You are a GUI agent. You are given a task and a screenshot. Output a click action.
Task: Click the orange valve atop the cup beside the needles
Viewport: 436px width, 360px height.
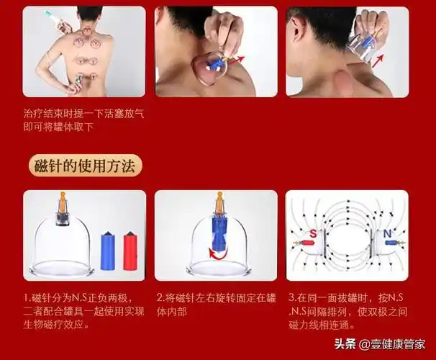[62, 199]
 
